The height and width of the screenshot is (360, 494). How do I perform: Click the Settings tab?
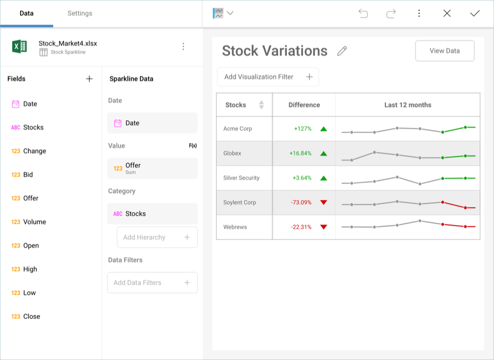80,13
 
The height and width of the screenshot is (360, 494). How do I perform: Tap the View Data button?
445,51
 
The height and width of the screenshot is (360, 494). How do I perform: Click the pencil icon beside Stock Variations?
342,51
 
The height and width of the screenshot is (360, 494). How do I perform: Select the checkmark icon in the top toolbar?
475,13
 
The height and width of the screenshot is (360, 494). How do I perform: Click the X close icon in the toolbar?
447,13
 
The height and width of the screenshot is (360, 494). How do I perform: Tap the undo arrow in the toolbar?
363,13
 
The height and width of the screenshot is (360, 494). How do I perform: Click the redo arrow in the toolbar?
391,13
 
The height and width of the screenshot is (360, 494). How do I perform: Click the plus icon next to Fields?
89,79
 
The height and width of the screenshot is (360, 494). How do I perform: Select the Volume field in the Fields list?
34,222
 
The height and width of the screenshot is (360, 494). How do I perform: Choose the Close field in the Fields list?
31,316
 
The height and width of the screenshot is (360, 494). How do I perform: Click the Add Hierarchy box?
157,237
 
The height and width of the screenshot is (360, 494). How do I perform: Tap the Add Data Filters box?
152,283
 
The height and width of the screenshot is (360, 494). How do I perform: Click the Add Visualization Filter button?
268,77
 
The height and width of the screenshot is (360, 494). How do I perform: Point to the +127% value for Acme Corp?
302,129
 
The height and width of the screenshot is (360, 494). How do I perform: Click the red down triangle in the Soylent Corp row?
323,203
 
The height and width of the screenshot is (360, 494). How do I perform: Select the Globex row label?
232,154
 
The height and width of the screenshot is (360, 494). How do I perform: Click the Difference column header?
304,105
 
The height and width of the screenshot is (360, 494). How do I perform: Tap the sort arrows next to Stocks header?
261,105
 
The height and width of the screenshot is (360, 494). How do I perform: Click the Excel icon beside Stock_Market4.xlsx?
20,47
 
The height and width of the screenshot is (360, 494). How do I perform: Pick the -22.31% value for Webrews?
301,227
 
